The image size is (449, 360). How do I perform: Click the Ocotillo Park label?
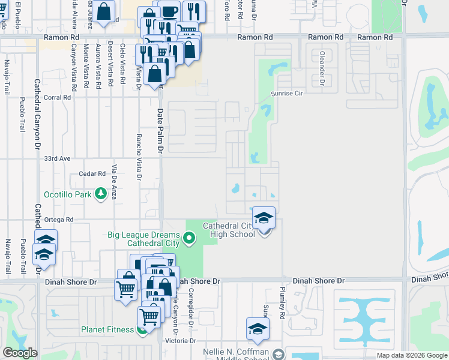(x=67, y=194)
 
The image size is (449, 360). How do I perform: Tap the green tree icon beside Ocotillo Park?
(x=100, y=194)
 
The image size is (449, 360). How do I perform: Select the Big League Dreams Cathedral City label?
(x=143, y=239)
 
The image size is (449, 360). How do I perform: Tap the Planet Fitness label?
(x=109, y=329)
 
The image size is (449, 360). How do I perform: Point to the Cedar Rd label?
(x=92, y=174)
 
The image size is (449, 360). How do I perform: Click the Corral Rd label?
(x=58, y=97)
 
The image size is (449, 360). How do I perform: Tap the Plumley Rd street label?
(x=282, y=298)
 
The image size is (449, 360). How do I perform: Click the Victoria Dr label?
(x=184, y=341)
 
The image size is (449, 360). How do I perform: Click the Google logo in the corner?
(x=20, y=353)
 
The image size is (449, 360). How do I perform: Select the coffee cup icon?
(x=169, y=11)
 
